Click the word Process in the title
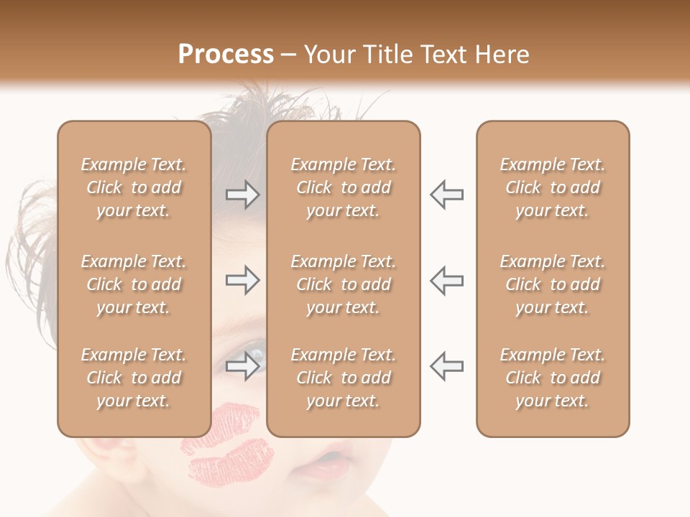226,54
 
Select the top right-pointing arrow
242,195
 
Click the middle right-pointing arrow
242,280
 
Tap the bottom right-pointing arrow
242,367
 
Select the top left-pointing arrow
447,195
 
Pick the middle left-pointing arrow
447,280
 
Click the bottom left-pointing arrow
447,365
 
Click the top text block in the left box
134,187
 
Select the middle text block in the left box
134,284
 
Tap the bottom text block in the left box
134,378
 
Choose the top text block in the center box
344,187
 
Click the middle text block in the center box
344,284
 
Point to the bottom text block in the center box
344,378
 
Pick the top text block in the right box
553,187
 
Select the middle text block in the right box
553,284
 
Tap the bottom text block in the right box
553,378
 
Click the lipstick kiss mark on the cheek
229,445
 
